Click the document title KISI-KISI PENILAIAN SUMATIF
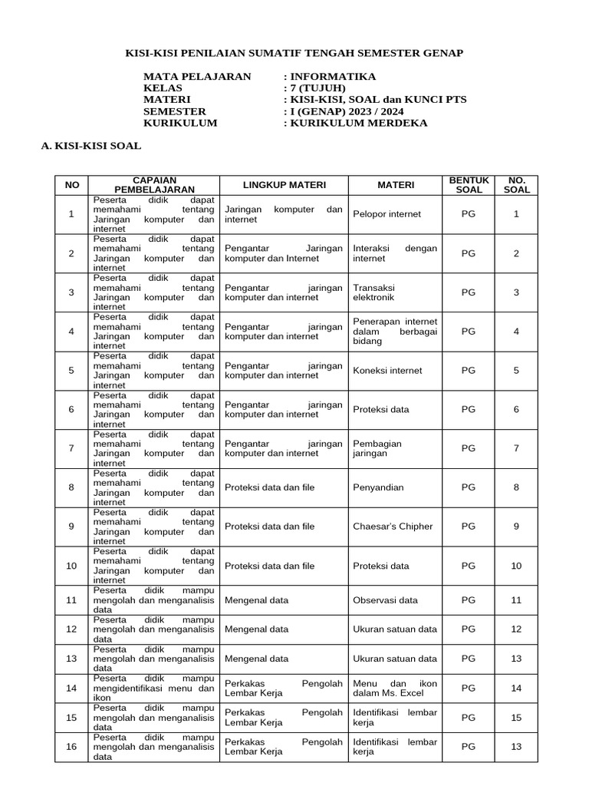coord(294,53)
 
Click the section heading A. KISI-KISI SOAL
coord(90,145)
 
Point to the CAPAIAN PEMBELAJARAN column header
coord(154,184)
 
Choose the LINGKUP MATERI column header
coord(284,185)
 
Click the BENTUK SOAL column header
coord(469,185)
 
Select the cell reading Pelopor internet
coord(387,214)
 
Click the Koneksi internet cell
coord(387,370)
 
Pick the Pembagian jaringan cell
coord(377,448)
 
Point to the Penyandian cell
coord(378,487)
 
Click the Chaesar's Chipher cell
coord(393,527)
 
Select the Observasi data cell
coord(385,600)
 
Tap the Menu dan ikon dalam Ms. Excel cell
coord(388,688)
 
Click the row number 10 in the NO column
coord(71,566)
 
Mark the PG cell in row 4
coord(469,332)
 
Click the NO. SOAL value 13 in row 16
coord(516,747)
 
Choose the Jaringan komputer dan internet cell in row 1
coord(283,214)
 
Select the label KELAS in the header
coord(163,88)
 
